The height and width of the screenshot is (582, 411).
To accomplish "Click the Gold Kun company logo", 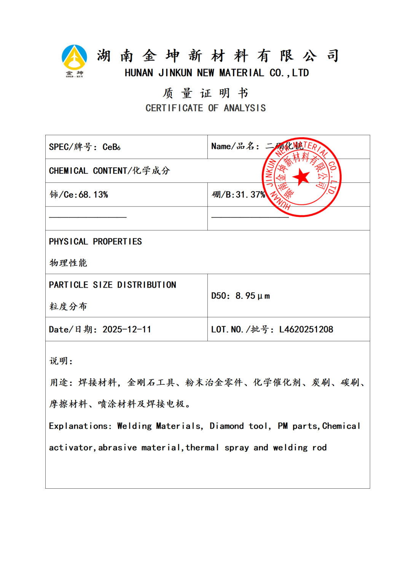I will point(74,60).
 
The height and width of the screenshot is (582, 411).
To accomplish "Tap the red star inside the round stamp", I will point(301,177).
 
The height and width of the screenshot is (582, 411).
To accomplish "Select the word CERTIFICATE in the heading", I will point(174,108).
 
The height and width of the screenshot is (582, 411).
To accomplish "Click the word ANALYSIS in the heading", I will point(245,108).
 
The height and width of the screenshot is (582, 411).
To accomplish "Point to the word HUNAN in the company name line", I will point(139,73).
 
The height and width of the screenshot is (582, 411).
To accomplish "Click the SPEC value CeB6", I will point(112,147).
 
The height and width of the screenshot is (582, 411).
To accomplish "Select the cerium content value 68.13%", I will point(93,195).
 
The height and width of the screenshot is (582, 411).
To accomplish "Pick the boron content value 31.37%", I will point(250,195).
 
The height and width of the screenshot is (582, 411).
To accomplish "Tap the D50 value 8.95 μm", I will point(252,296).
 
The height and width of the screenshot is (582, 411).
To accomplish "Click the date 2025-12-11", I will point(127,329).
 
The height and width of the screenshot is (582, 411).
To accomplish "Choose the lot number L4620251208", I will point(306,329).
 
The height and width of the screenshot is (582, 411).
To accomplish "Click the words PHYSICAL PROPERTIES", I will point(95,241).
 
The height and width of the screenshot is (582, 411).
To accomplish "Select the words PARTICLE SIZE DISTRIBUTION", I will point(112,285).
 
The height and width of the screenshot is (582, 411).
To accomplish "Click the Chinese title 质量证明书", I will point(205,93).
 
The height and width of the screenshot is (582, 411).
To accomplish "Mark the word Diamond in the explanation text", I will point(226,426).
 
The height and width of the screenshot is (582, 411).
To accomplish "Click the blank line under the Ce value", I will point(88,217).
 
